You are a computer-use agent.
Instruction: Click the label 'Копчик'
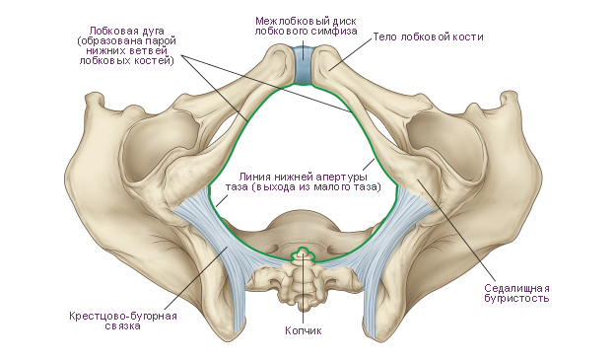[303, 330]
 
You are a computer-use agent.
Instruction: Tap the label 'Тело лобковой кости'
[428, 36]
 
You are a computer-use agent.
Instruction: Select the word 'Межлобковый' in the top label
[280, 21]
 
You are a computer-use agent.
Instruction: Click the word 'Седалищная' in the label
[516, 288]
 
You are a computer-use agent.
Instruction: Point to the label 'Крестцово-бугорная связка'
[123, 321]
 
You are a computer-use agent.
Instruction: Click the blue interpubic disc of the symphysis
[303, 64]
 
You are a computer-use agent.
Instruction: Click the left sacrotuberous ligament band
[220, 252]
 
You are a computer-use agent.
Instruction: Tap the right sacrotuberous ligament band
[387, 252]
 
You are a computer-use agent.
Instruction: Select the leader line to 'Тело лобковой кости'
[351, 54]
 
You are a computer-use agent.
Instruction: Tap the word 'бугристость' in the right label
[516, 298]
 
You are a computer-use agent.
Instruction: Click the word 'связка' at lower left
[123, 326]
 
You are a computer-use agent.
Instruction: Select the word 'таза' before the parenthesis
[236, 186]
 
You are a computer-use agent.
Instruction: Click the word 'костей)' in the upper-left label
[155, 61]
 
